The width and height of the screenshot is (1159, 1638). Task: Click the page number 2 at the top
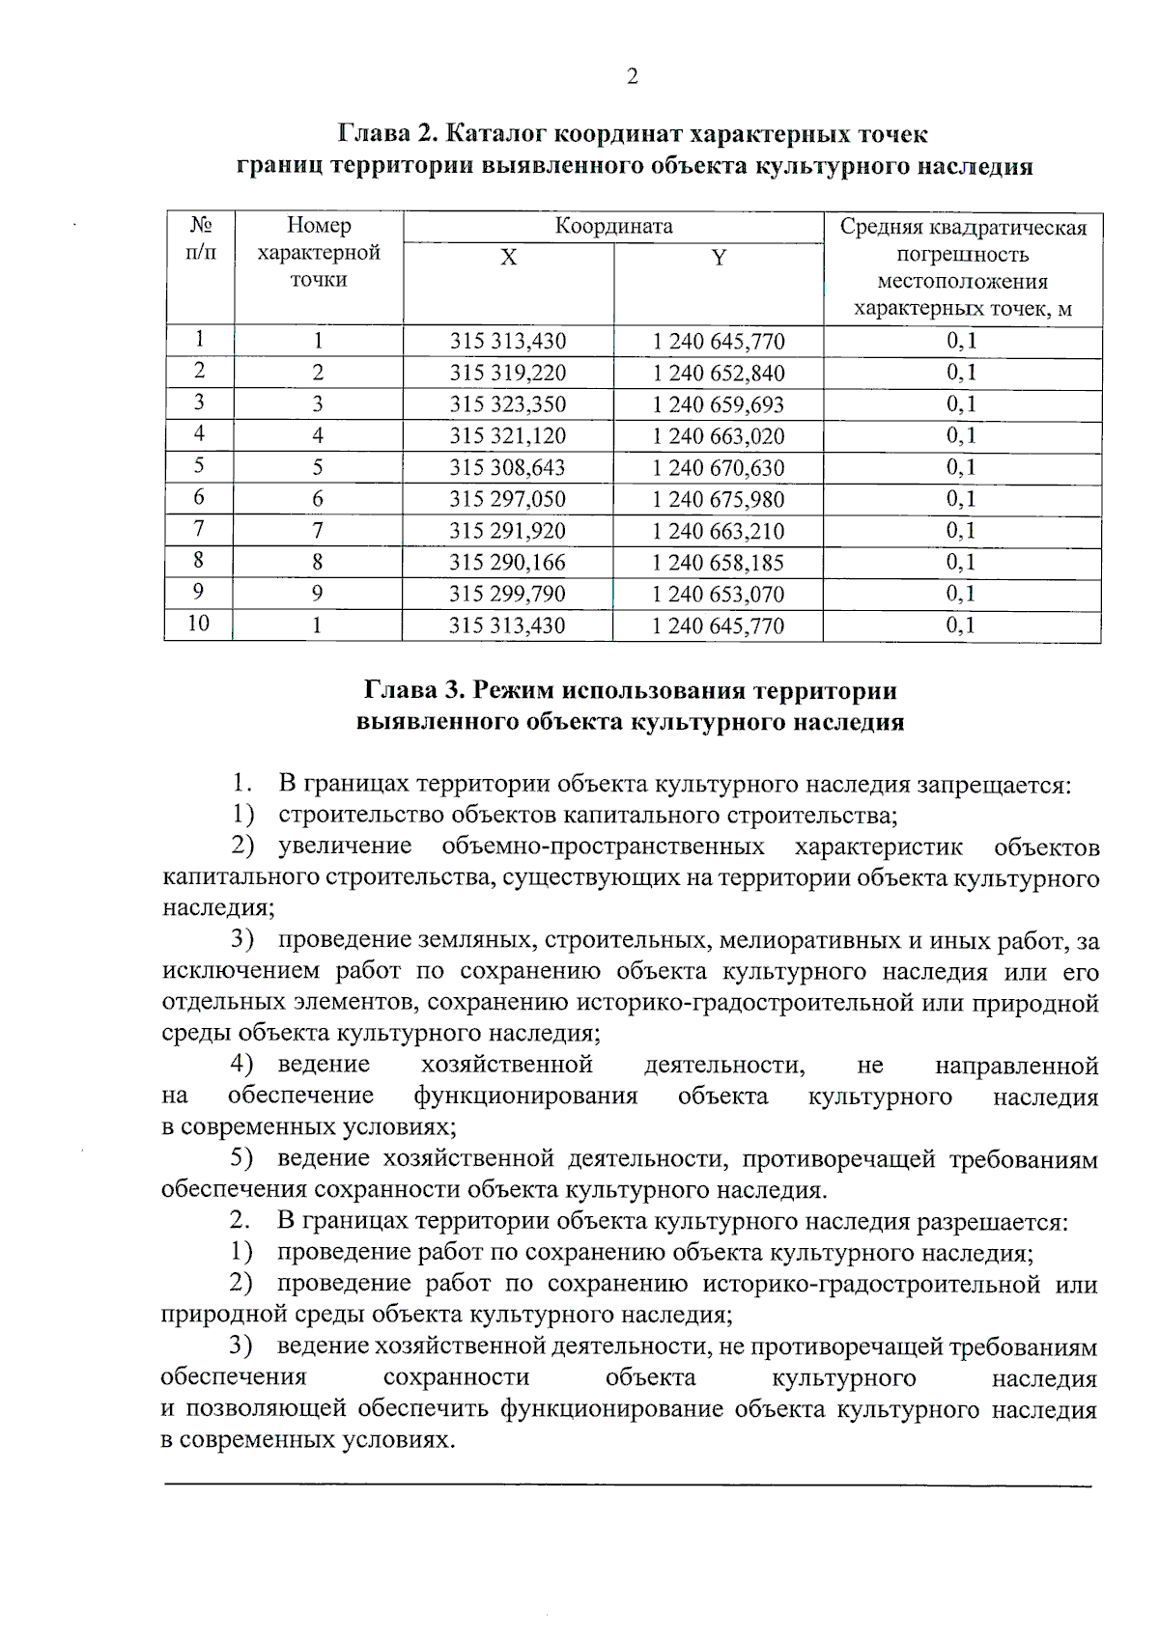pyautogui.click(x=632, y=77)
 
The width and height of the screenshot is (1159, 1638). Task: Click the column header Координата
pyautogui.click(x=613, y=227)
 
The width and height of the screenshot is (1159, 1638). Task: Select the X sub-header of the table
pyautogui.click(x=508, y=258)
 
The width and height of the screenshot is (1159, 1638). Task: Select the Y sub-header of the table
pyautogui.click(x=719, y=258)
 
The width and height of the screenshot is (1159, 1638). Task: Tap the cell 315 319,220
pyautogui.click(x=508, y=374)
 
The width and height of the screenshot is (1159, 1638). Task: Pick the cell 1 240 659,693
pyautogui.click(x=719, y=405)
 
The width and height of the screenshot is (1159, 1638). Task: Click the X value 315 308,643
pyautogui.click(x=508, y=468)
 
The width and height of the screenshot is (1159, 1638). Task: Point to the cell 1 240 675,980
pyautogui.click(x=719, y=500)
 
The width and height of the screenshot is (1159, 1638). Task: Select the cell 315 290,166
pyautogui.click(x=508, y=563)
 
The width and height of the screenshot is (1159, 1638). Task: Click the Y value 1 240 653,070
pyautogui.click(x=719, y=595)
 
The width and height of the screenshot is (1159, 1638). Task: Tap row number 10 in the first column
pyautogui.click(x=198, y=624)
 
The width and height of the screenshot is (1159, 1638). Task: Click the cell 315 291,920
pyautogui.click(x=508, y=532)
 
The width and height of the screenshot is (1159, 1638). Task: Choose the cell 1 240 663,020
pyautogui.click(x=719, y=436)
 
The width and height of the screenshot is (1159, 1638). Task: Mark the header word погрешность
pyautogui.click(x=963, y=255)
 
